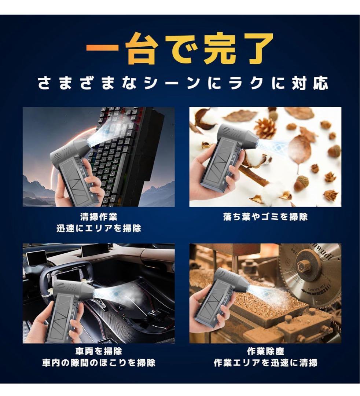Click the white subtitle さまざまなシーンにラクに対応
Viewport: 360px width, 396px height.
pyautogui.click(x=183, y=83)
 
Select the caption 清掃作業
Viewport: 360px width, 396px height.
pyautogui.click(x=99, y=217)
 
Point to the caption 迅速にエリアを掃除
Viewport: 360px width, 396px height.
pyautogui.click(x=99, y=228)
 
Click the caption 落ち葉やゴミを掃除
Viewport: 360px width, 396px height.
pyautogui.click(x=265, y=217)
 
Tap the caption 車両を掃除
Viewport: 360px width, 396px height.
pyautogui.click(x=99, y=351)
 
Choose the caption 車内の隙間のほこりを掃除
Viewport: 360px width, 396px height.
pyautogui.click(x=99, y=363)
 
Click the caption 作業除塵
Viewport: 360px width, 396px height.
pyautogui.click(x=265, y=351)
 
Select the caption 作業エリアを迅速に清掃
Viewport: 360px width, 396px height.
pyautogui.click(x=265, y=363)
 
